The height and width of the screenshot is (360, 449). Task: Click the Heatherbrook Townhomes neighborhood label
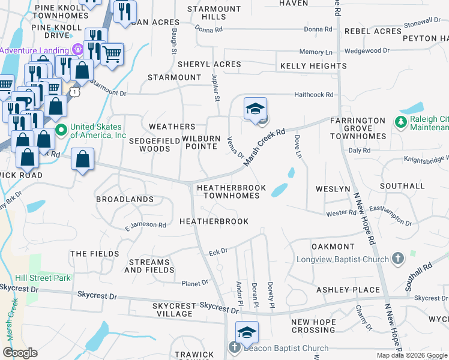(231, 191)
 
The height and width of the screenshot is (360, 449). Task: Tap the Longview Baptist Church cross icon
(397, 259)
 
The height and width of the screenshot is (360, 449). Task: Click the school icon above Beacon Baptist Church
(247, 332)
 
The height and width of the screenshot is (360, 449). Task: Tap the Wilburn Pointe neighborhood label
(206, 142)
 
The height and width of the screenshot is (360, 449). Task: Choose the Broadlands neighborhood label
(125, 199)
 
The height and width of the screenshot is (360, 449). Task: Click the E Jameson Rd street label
(145, 226)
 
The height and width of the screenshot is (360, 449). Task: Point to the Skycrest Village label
(174, 310)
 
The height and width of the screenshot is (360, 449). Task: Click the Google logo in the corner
(20, 353)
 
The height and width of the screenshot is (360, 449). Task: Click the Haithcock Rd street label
(313, 95)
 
